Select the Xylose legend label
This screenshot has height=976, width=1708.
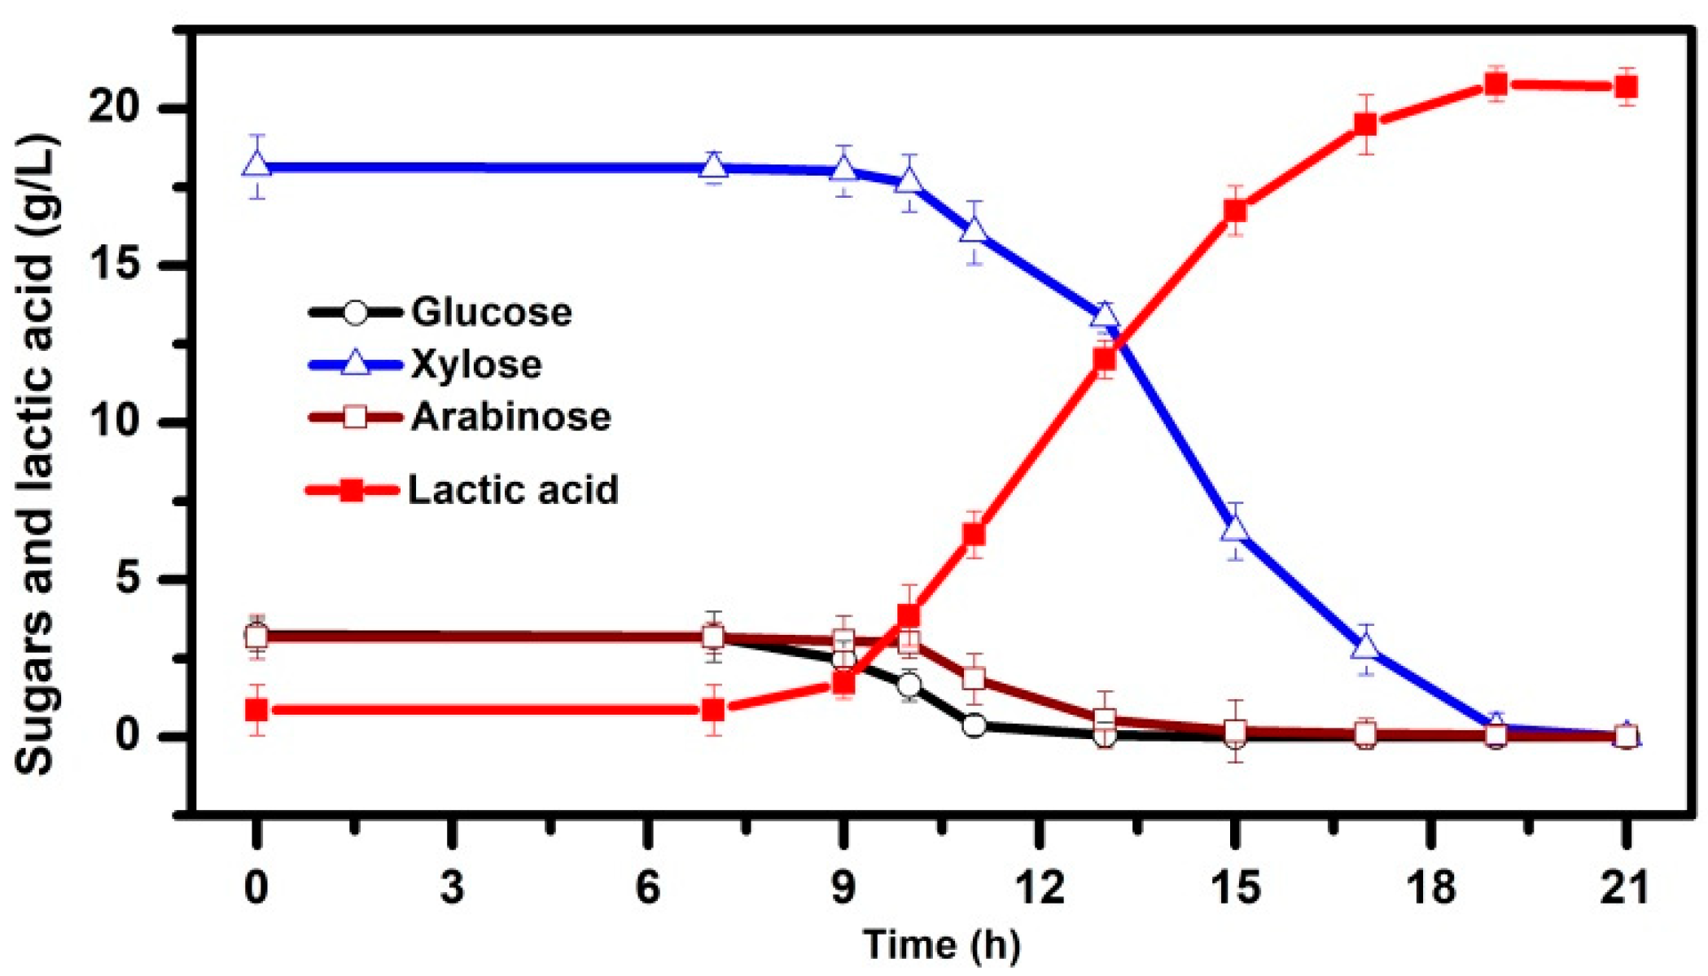476,364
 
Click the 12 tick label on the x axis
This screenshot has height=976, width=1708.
1040,886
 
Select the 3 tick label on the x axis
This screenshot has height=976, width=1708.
453,886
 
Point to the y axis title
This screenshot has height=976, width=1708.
36,456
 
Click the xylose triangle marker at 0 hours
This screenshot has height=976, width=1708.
257,165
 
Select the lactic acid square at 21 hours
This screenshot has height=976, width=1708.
1627,86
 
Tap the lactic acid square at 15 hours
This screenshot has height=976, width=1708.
1236,211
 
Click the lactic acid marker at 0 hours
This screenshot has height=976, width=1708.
257,710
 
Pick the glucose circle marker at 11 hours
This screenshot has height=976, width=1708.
974,725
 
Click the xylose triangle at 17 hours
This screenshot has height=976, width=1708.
1366,647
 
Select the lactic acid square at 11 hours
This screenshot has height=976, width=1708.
974,535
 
